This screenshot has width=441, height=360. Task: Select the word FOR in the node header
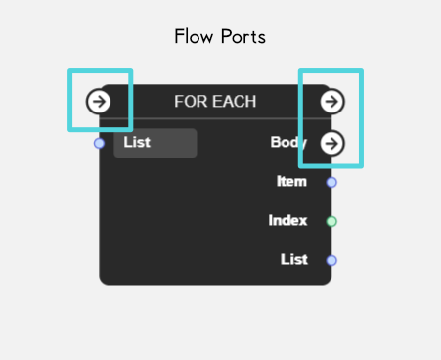point(189,101)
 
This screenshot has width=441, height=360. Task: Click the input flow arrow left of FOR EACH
point(98,101)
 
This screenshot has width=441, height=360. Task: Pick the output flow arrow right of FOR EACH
point(332,101)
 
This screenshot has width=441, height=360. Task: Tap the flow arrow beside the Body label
point(332,143)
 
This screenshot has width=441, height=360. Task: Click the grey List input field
point(155,143)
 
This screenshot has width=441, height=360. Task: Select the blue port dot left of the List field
point(99,144)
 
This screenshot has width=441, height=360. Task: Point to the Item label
point(292,181)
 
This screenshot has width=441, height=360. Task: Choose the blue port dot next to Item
point(331,182)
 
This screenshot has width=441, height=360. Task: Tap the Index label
point(287,220)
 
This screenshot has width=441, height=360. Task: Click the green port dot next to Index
point(331,221)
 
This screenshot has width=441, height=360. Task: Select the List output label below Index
point(293,259)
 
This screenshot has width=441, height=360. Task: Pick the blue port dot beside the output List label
point(331,260)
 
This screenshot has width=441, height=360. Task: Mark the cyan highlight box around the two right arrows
point(301,117)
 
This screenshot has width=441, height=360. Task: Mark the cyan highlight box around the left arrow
point(71,100)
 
